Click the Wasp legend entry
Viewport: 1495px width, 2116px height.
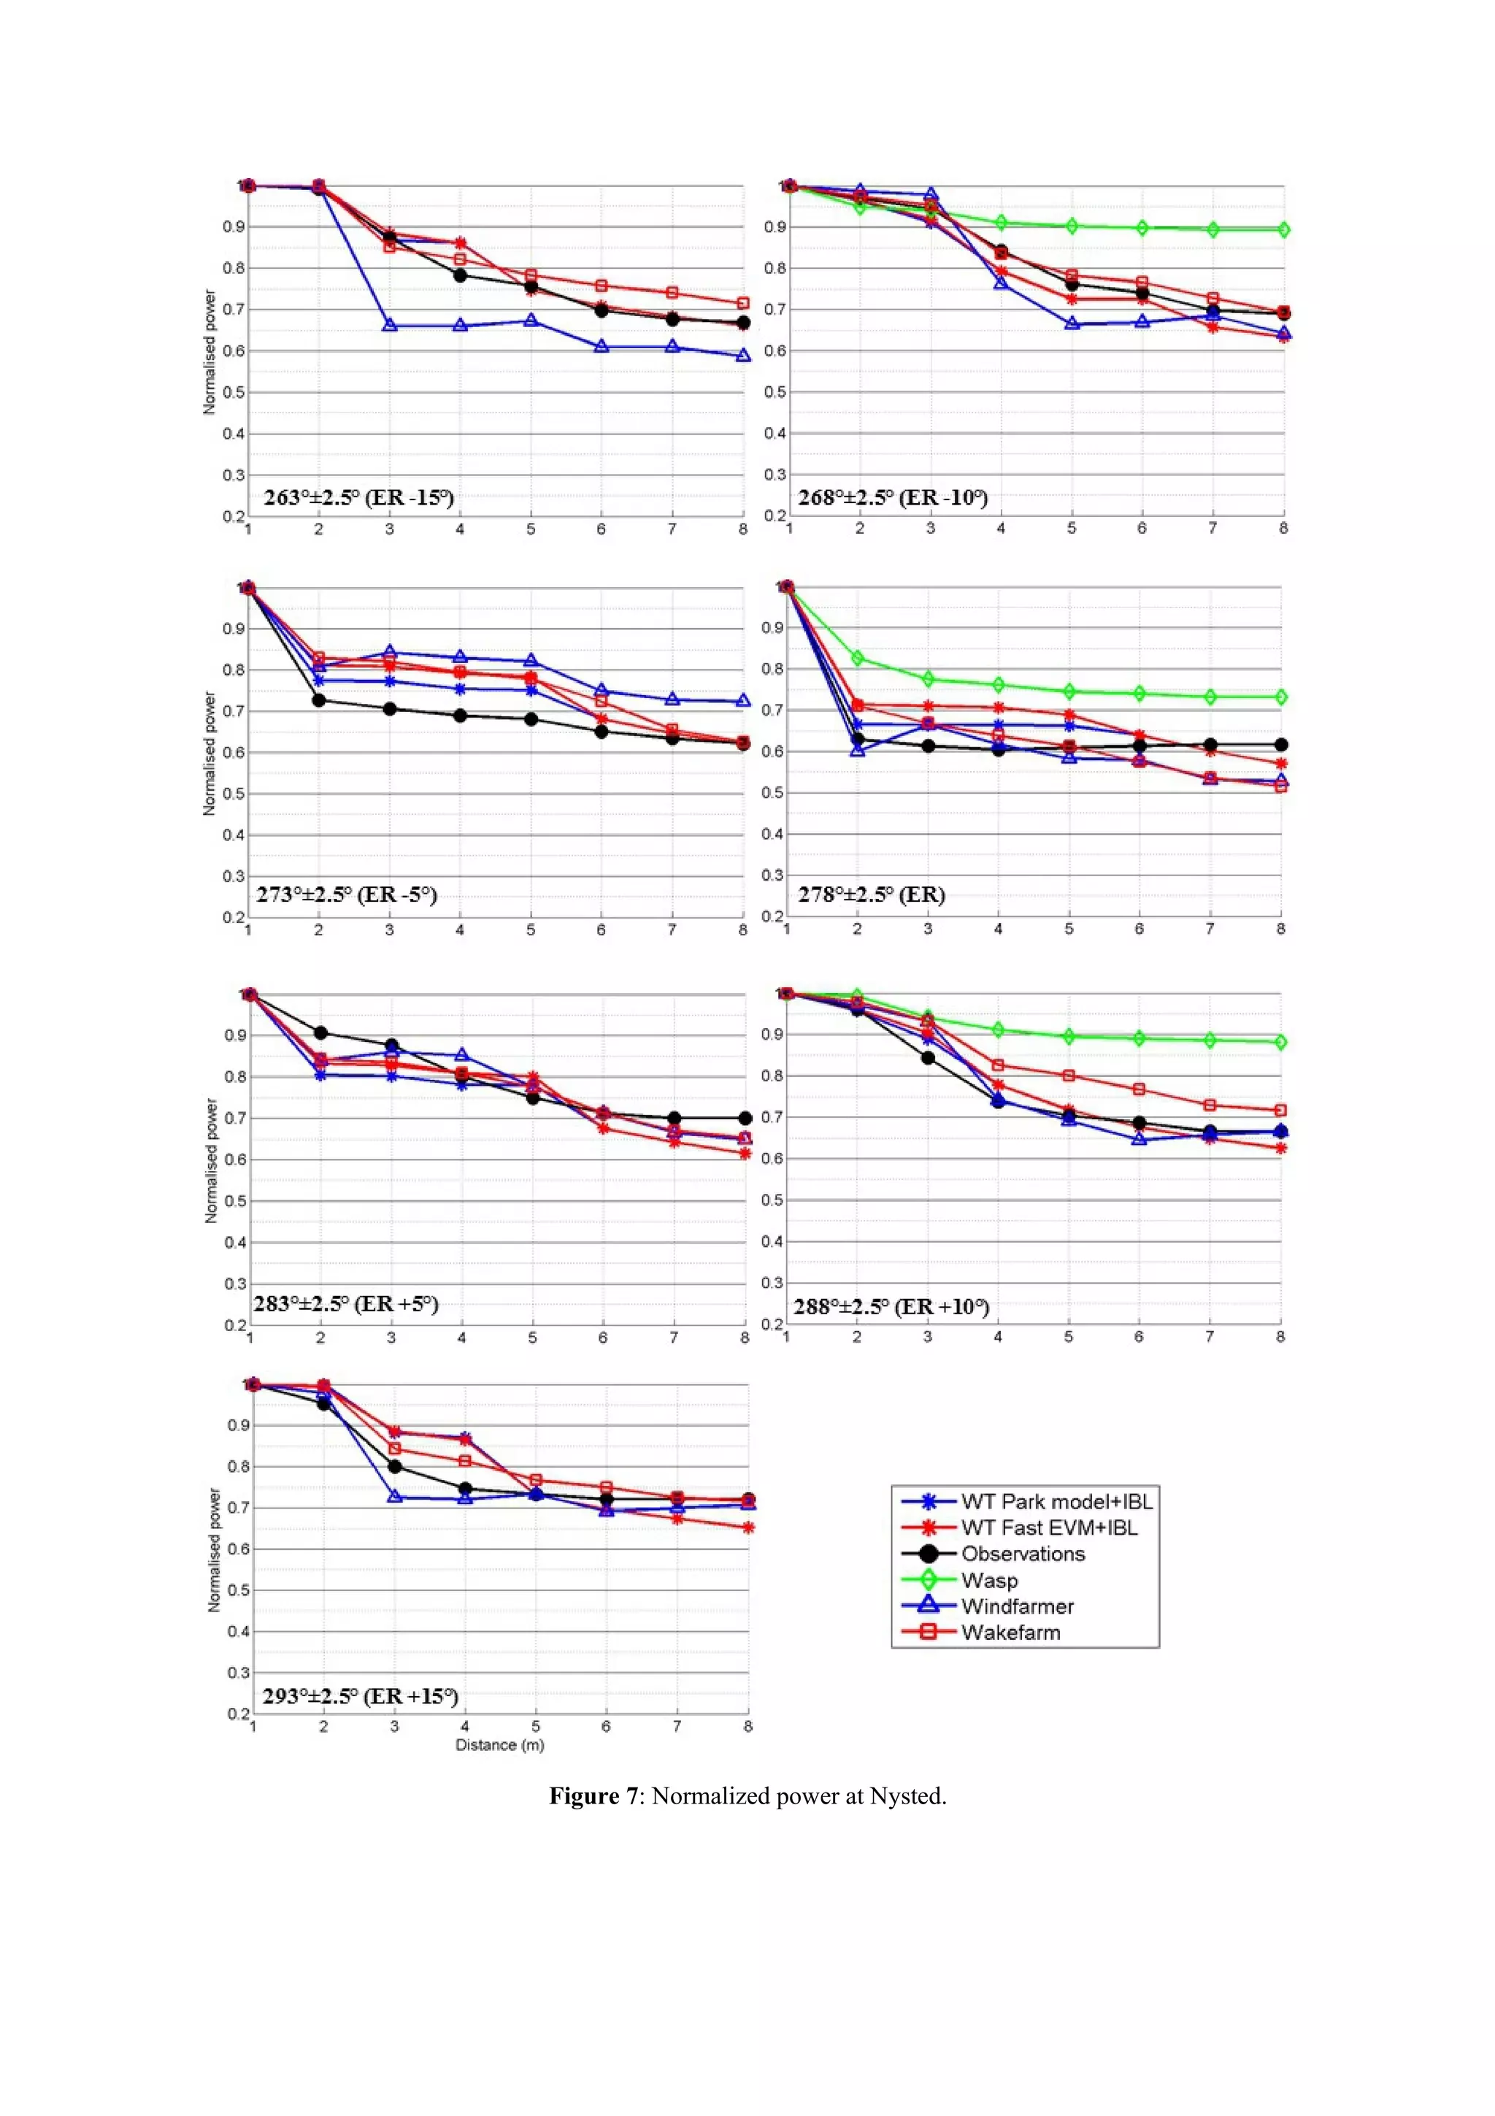[988, 1579]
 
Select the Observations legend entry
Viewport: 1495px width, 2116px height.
[1023, 1554]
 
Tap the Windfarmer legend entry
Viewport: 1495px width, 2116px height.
[1017, 1606]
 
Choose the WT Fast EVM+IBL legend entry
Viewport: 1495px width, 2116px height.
[1049, 1527]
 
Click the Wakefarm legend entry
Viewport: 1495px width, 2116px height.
[1010, 1632]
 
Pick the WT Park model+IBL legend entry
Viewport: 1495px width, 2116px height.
[1056, 1501]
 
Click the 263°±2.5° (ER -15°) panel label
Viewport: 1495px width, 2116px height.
[358, 498]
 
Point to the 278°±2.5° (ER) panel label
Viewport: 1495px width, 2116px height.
[870, 894]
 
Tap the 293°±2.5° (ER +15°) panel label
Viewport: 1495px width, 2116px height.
[360, 1695]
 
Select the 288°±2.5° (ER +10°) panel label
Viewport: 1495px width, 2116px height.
[891, 1306]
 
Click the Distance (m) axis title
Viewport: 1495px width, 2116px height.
[499, 1744]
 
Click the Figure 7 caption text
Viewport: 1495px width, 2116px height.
[747, 1796]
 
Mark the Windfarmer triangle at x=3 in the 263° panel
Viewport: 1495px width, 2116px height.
[390, 326]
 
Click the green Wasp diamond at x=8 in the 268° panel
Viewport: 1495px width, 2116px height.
[1283, 229]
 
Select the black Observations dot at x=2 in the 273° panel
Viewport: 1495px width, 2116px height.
[319, 700]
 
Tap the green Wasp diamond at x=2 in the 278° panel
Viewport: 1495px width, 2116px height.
[858, 658]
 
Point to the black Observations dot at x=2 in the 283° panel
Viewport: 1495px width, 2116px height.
[320, 1032]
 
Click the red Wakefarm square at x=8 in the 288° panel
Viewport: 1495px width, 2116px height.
[1280, 1111]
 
